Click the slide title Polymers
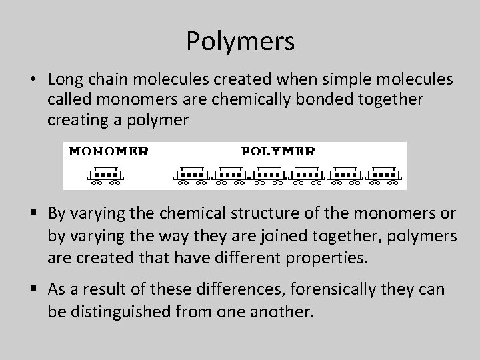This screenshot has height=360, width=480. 240,41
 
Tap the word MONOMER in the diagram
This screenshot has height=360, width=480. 109,151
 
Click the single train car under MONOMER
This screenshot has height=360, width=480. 105,175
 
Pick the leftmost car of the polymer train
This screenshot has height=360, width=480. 193,175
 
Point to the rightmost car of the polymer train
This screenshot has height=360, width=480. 385,175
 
